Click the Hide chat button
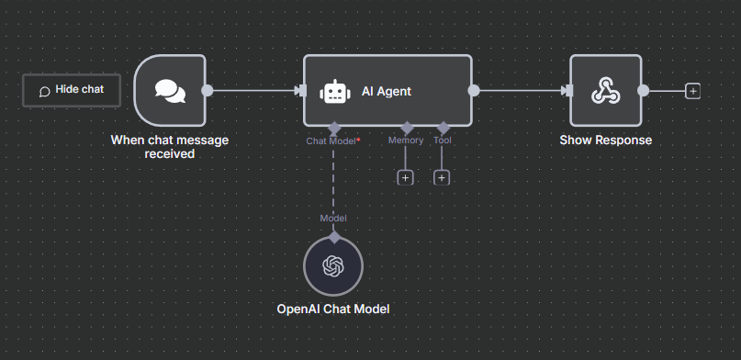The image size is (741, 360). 72,90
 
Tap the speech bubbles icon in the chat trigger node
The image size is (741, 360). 170,90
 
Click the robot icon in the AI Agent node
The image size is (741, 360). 333,91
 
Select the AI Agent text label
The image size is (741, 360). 387,91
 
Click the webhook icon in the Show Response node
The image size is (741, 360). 605,90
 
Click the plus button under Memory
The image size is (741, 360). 406,177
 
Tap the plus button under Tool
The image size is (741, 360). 442,177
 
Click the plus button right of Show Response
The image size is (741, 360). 692,90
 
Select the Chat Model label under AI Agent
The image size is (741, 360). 331,141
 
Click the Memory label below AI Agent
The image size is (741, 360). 406,141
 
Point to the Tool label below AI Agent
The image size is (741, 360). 442,141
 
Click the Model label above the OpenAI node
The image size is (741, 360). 332,218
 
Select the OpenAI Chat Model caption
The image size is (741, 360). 333,309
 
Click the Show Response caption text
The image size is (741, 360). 605,141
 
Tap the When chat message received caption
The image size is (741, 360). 170,147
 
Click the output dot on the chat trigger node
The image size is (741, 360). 208,90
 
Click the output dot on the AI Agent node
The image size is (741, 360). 474,90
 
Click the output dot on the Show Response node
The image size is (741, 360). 643,90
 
